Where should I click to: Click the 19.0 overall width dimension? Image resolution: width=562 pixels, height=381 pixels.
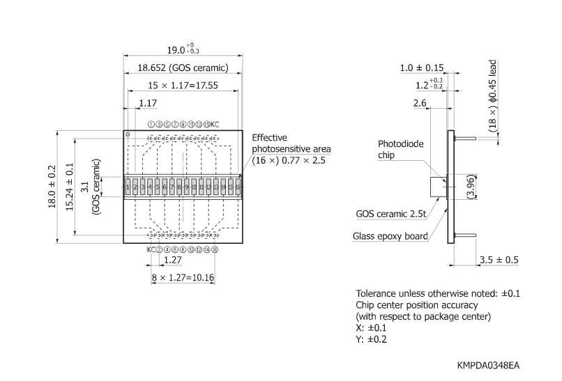[x=183, y=50]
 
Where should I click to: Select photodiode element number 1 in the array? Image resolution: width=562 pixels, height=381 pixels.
[x=129, y=187]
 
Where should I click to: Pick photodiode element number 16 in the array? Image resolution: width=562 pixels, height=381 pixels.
[x=238, y=187]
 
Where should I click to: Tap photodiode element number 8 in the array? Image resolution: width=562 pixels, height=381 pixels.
[x=179, y=187]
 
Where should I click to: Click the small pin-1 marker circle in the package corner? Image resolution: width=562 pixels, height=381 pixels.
[x=128, y=132]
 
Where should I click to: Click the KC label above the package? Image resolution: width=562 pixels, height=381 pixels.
[x=215, y=125]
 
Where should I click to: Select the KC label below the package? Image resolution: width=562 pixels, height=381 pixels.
[x=150, y=249]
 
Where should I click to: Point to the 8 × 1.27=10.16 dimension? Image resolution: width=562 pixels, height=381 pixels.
[x=183, y=277]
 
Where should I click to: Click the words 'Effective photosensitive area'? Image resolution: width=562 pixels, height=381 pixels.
[x=291, y=143]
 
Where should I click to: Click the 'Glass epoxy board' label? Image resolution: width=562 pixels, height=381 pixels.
[x=391, y=236]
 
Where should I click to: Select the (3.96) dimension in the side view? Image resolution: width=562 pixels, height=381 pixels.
[x=473, y=187]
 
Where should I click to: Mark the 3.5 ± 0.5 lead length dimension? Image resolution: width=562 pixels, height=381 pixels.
[x=498, y=260]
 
